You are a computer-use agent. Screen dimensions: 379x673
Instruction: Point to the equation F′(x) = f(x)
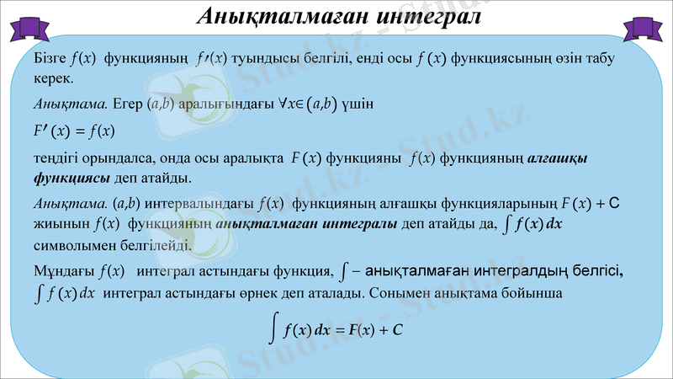74,131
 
